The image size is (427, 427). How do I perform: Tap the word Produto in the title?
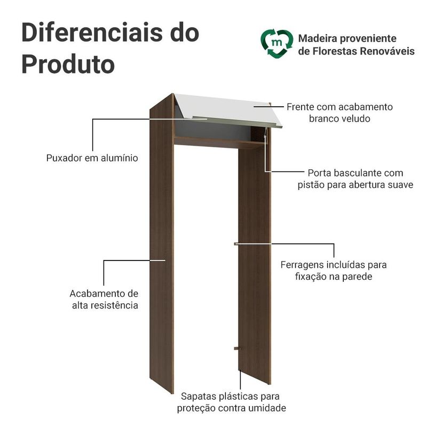(68, 64)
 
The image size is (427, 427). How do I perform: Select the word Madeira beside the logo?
(318, 38)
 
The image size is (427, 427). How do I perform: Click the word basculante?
(354, 173)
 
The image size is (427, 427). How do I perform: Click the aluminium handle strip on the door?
(236, 122)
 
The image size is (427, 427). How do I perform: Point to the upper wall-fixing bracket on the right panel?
(236, 244)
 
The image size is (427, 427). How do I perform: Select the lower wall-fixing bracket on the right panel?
(238, 349)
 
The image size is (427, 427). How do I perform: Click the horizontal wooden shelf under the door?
(219, 142)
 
